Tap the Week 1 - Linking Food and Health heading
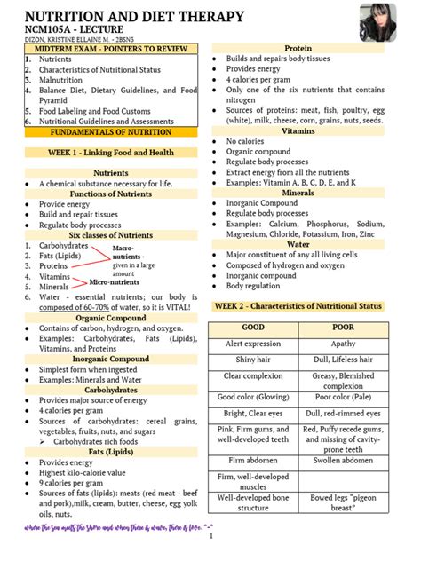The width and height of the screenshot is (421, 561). coord(111,153)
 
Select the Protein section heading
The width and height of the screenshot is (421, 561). coord(298,48)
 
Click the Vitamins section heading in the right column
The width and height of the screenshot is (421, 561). coord(298,130)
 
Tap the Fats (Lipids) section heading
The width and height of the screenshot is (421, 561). coord(111,451)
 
